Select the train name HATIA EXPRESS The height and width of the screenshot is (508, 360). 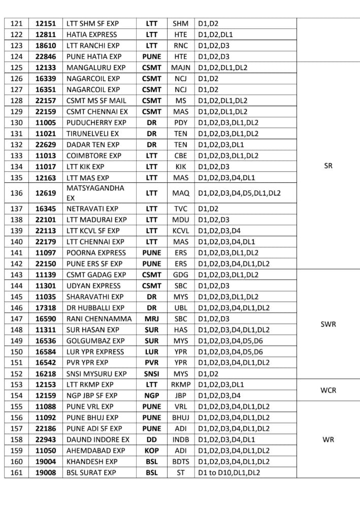point(91,35)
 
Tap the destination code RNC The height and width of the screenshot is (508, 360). point(180,46)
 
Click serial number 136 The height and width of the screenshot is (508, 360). point(17,193)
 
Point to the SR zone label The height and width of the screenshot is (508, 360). point(328,166)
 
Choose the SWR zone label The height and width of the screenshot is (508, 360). point(328,324)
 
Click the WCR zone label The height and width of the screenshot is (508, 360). point(328,390)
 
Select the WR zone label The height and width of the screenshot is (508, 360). point(328,440)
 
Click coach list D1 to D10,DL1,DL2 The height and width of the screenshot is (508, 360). point(229,472)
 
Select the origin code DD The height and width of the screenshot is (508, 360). point(151,439)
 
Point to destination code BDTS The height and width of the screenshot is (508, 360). point(180,462)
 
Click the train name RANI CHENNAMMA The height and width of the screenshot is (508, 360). point(99,319)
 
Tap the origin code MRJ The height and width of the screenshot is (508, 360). point(151,319)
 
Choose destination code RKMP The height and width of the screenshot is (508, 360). point(180,385)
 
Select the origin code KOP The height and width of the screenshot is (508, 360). point(151,451)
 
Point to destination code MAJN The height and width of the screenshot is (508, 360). point(180,68)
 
